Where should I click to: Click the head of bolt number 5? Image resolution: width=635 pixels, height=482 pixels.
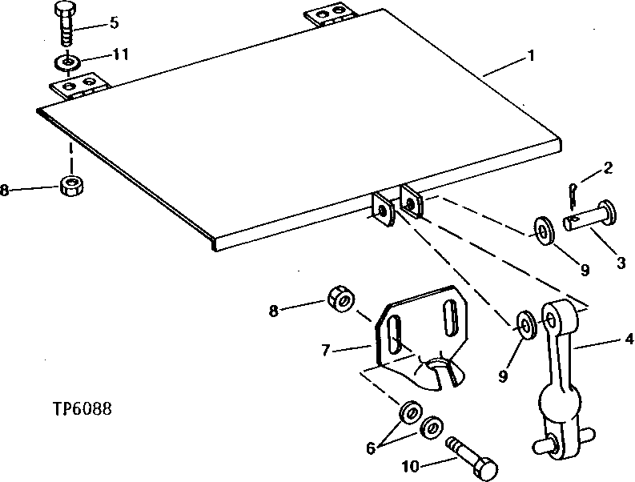click(64, 10)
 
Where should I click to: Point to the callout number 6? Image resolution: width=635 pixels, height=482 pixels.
click(371, 448)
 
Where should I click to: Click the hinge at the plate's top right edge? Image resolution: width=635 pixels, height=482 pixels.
click(329, 17)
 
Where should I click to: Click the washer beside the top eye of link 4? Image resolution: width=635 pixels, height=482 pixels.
click(527, 323)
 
